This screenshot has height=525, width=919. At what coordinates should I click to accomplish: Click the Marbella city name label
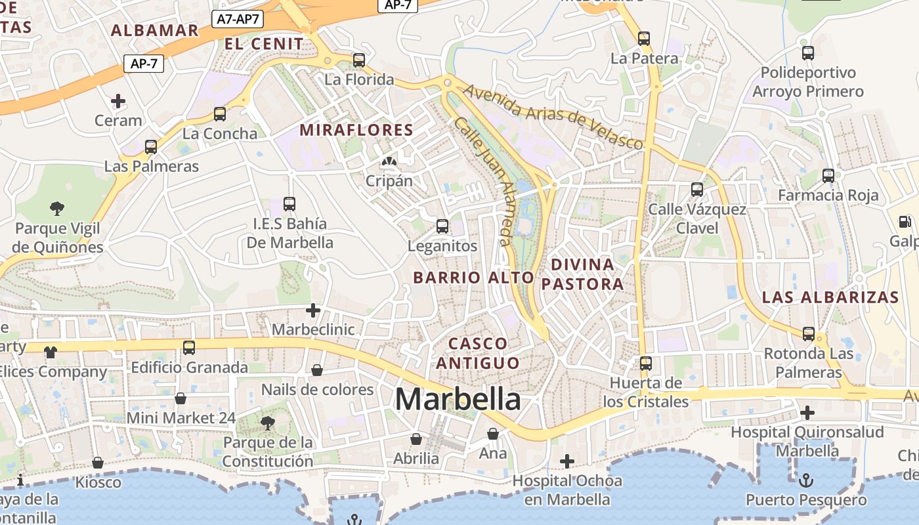[458, 399]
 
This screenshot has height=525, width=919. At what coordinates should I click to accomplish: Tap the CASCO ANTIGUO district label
[478, 353]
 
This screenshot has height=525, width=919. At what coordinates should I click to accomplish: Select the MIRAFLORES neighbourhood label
[356, 130]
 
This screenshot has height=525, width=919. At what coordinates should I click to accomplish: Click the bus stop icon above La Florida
[359, 60]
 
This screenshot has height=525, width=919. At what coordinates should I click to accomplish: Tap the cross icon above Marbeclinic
[313, 310]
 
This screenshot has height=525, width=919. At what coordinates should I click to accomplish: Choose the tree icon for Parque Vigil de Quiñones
[57, 209]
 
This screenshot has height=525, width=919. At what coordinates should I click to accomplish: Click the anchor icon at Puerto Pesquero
[805, 480]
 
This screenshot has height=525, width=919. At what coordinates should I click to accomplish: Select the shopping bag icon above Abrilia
[416, 438]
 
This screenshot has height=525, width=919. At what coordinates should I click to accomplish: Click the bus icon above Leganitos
[442, 226]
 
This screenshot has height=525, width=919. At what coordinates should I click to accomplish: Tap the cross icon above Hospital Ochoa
[567, 461]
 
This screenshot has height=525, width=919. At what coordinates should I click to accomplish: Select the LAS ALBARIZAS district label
[830, 297]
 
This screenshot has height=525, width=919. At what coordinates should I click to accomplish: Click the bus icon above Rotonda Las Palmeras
[809, 333]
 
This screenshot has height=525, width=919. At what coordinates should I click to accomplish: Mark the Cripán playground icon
[389, 161]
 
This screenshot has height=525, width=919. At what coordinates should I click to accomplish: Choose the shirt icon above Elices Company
[51, 352]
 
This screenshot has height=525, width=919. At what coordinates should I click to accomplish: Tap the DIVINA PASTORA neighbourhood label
[582, 274]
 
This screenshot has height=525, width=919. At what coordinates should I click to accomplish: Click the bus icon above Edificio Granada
[189, 347]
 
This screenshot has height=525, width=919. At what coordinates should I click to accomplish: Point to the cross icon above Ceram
[118, 101]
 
